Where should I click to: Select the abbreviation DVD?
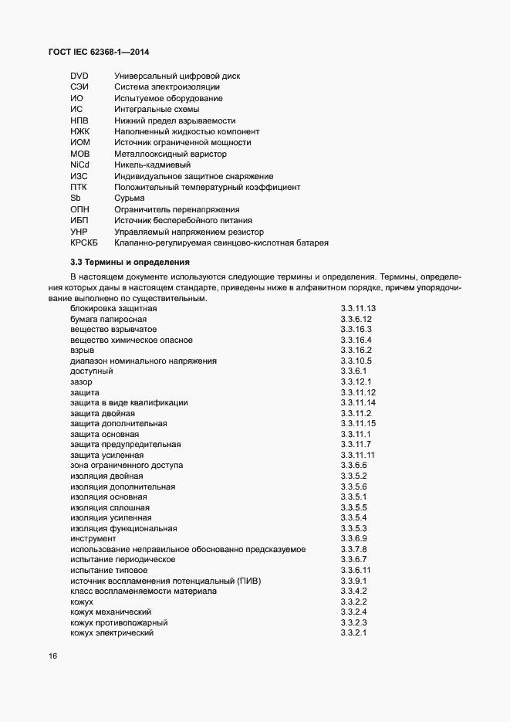pyautogui.click(x=79, y=76)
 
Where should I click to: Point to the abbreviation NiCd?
pyautogui.click(x=80, y=164)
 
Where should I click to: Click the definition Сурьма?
pyautogui.click(x=130, y=198)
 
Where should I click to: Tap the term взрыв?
pyautogui.click(x=82, y=350)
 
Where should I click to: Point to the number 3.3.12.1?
pyautogui.click(x=356, y=381)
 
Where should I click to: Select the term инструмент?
pyautogui.click(x=93, y=538)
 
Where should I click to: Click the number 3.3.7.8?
pyautogui.click(x=353, y=549)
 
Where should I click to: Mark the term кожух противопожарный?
pyautogui.click(x=119, y=622)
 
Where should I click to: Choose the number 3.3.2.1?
pyautogui.click(x=353, y=633)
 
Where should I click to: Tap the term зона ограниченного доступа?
pyautogui.click(x=127, y=466)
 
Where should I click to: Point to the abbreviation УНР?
pyautogui.click(x=79, y=232)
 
